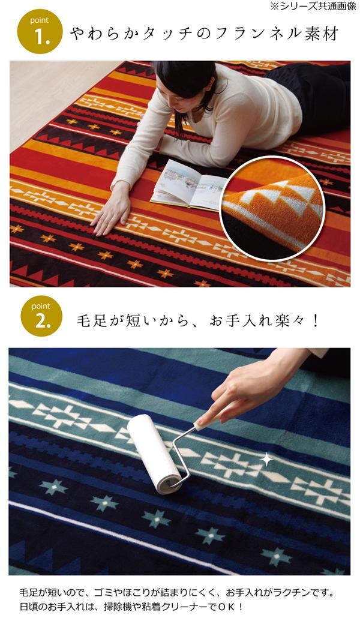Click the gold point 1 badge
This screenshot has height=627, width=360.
[x=40, y=31]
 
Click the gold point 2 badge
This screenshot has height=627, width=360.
[x=41, y=316]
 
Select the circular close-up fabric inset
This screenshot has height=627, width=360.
[x=272, y=209]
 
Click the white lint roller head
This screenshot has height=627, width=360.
[x=154, y=453]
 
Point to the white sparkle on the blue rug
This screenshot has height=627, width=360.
[x=267, y=460]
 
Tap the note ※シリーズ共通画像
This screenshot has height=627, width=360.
[x=313, y=6]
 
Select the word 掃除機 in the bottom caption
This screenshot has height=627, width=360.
[x=118, y=607]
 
